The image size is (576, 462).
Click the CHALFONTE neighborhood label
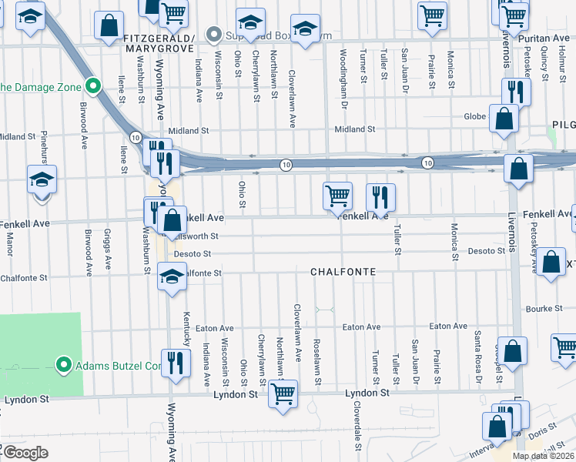[x=343, y=272]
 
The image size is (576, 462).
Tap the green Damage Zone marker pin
[x=92, y=86]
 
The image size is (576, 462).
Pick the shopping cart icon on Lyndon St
[x=283, y=394]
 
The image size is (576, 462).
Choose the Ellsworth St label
[x=197, y=236]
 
